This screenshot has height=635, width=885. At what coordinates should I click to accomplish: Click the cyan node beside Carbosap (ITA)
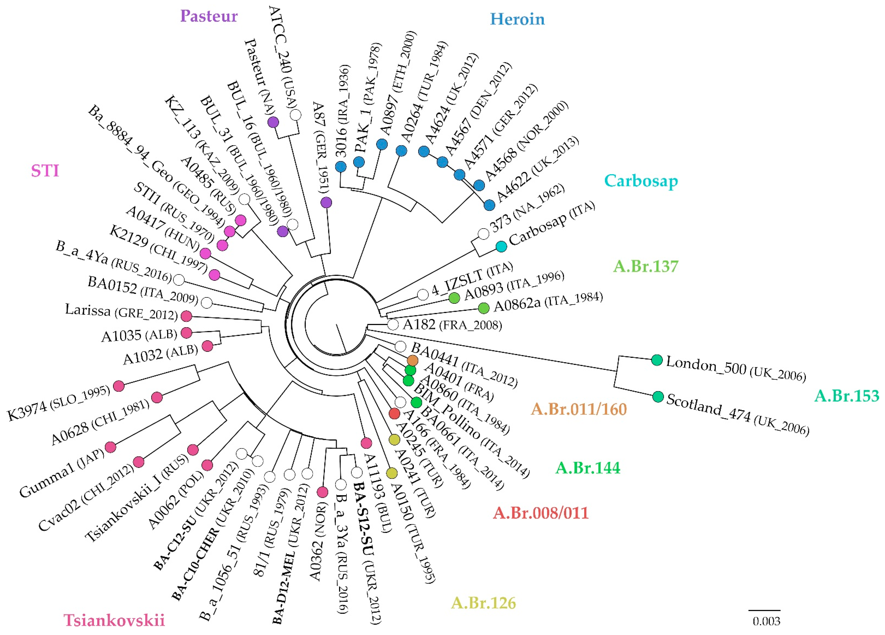[501, 246]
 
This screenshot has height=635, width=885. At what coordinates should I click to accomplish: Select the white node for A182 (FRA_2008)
[393, 324]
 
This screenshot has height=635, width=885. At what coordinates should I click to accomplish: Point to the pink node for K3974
[119, 386]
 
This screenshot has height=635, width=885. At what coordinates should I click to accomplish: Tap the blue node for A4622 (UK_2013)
[489, 205]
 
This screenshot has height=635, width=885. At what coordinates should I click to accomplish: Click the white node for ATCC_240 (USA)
[296, 115]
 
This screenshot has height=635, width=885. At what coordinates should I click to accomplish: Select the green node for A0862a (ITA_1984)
[484, 308]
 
